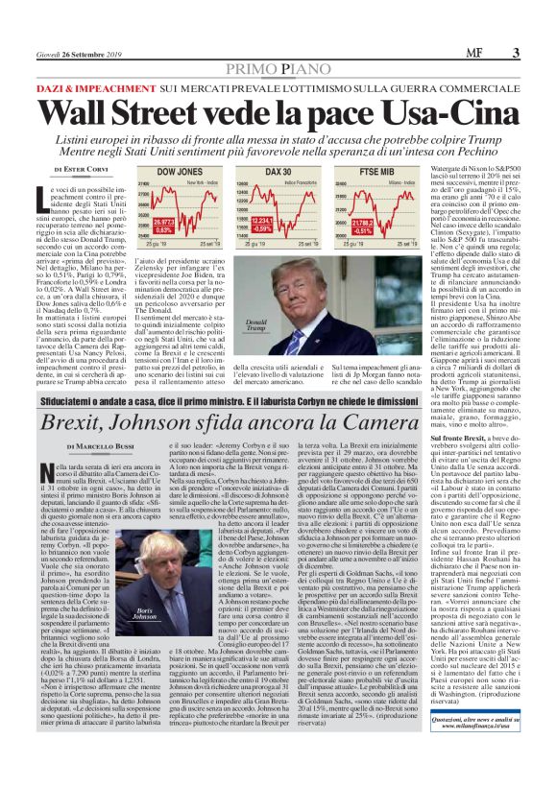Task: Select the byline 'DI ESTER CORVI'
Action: [x=81, y=169]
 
